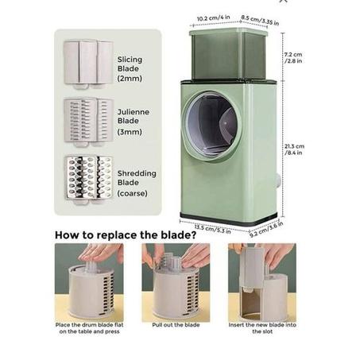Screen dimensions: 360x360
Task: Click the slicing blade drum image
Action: point(88,64)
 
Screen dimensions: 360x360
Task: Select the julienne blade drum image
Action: point(89,122)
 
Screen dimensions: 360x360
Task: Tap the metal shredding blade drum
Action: point(89,180)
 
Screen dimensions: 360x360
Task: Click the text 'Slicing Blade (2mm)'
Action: point(130,69)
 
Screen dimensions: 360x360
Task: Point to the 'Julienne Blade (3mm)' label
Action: point(134,122)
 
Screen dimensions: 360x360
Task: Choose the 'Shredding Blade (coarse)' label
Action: point(137,184)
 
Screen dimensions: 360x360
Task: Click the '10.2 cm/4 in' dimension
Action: point(213,18)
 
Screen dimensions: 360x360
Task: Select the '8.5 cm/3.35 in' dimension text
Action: point(260,20)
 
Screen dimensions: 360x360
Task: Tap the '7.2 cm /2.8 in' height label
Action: point(293,57)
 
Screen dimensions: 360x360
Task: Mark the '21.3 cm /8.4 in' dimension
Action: point(294,149)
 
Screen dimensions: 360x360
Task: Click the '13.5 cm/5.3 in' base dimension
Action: point(212,229)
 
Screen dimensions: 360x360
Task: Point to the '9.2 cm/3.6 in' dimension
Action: point(266,229)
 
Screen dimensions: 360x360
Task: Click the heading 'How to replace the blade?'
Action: point(126,235)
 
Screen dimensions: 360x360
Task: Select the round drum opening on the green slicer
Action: point(211,126)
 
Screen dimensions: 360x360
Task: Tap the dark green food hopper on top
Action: point(228,54)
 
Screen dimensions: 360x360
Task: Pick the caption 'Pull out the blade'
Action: point(176,325)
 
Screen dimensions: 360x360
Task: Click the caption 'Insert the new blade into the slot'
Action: point(262,328)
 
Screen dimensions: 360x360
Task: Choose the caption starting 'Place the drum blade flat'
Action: point(89,328)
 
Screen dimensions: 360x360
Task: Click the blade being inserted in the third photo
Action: point(252,269)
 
